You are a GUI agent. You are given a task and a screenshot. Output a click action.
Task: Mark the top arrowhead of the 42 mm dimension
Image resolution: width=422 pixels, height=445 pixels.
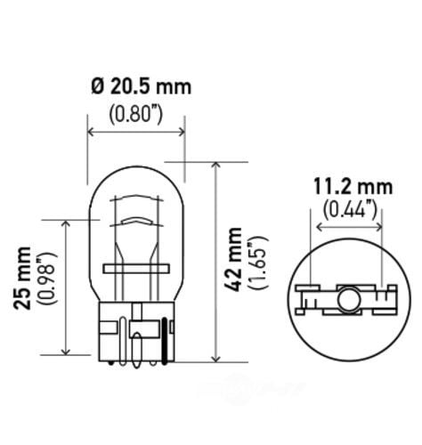[x=216, y=166]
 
